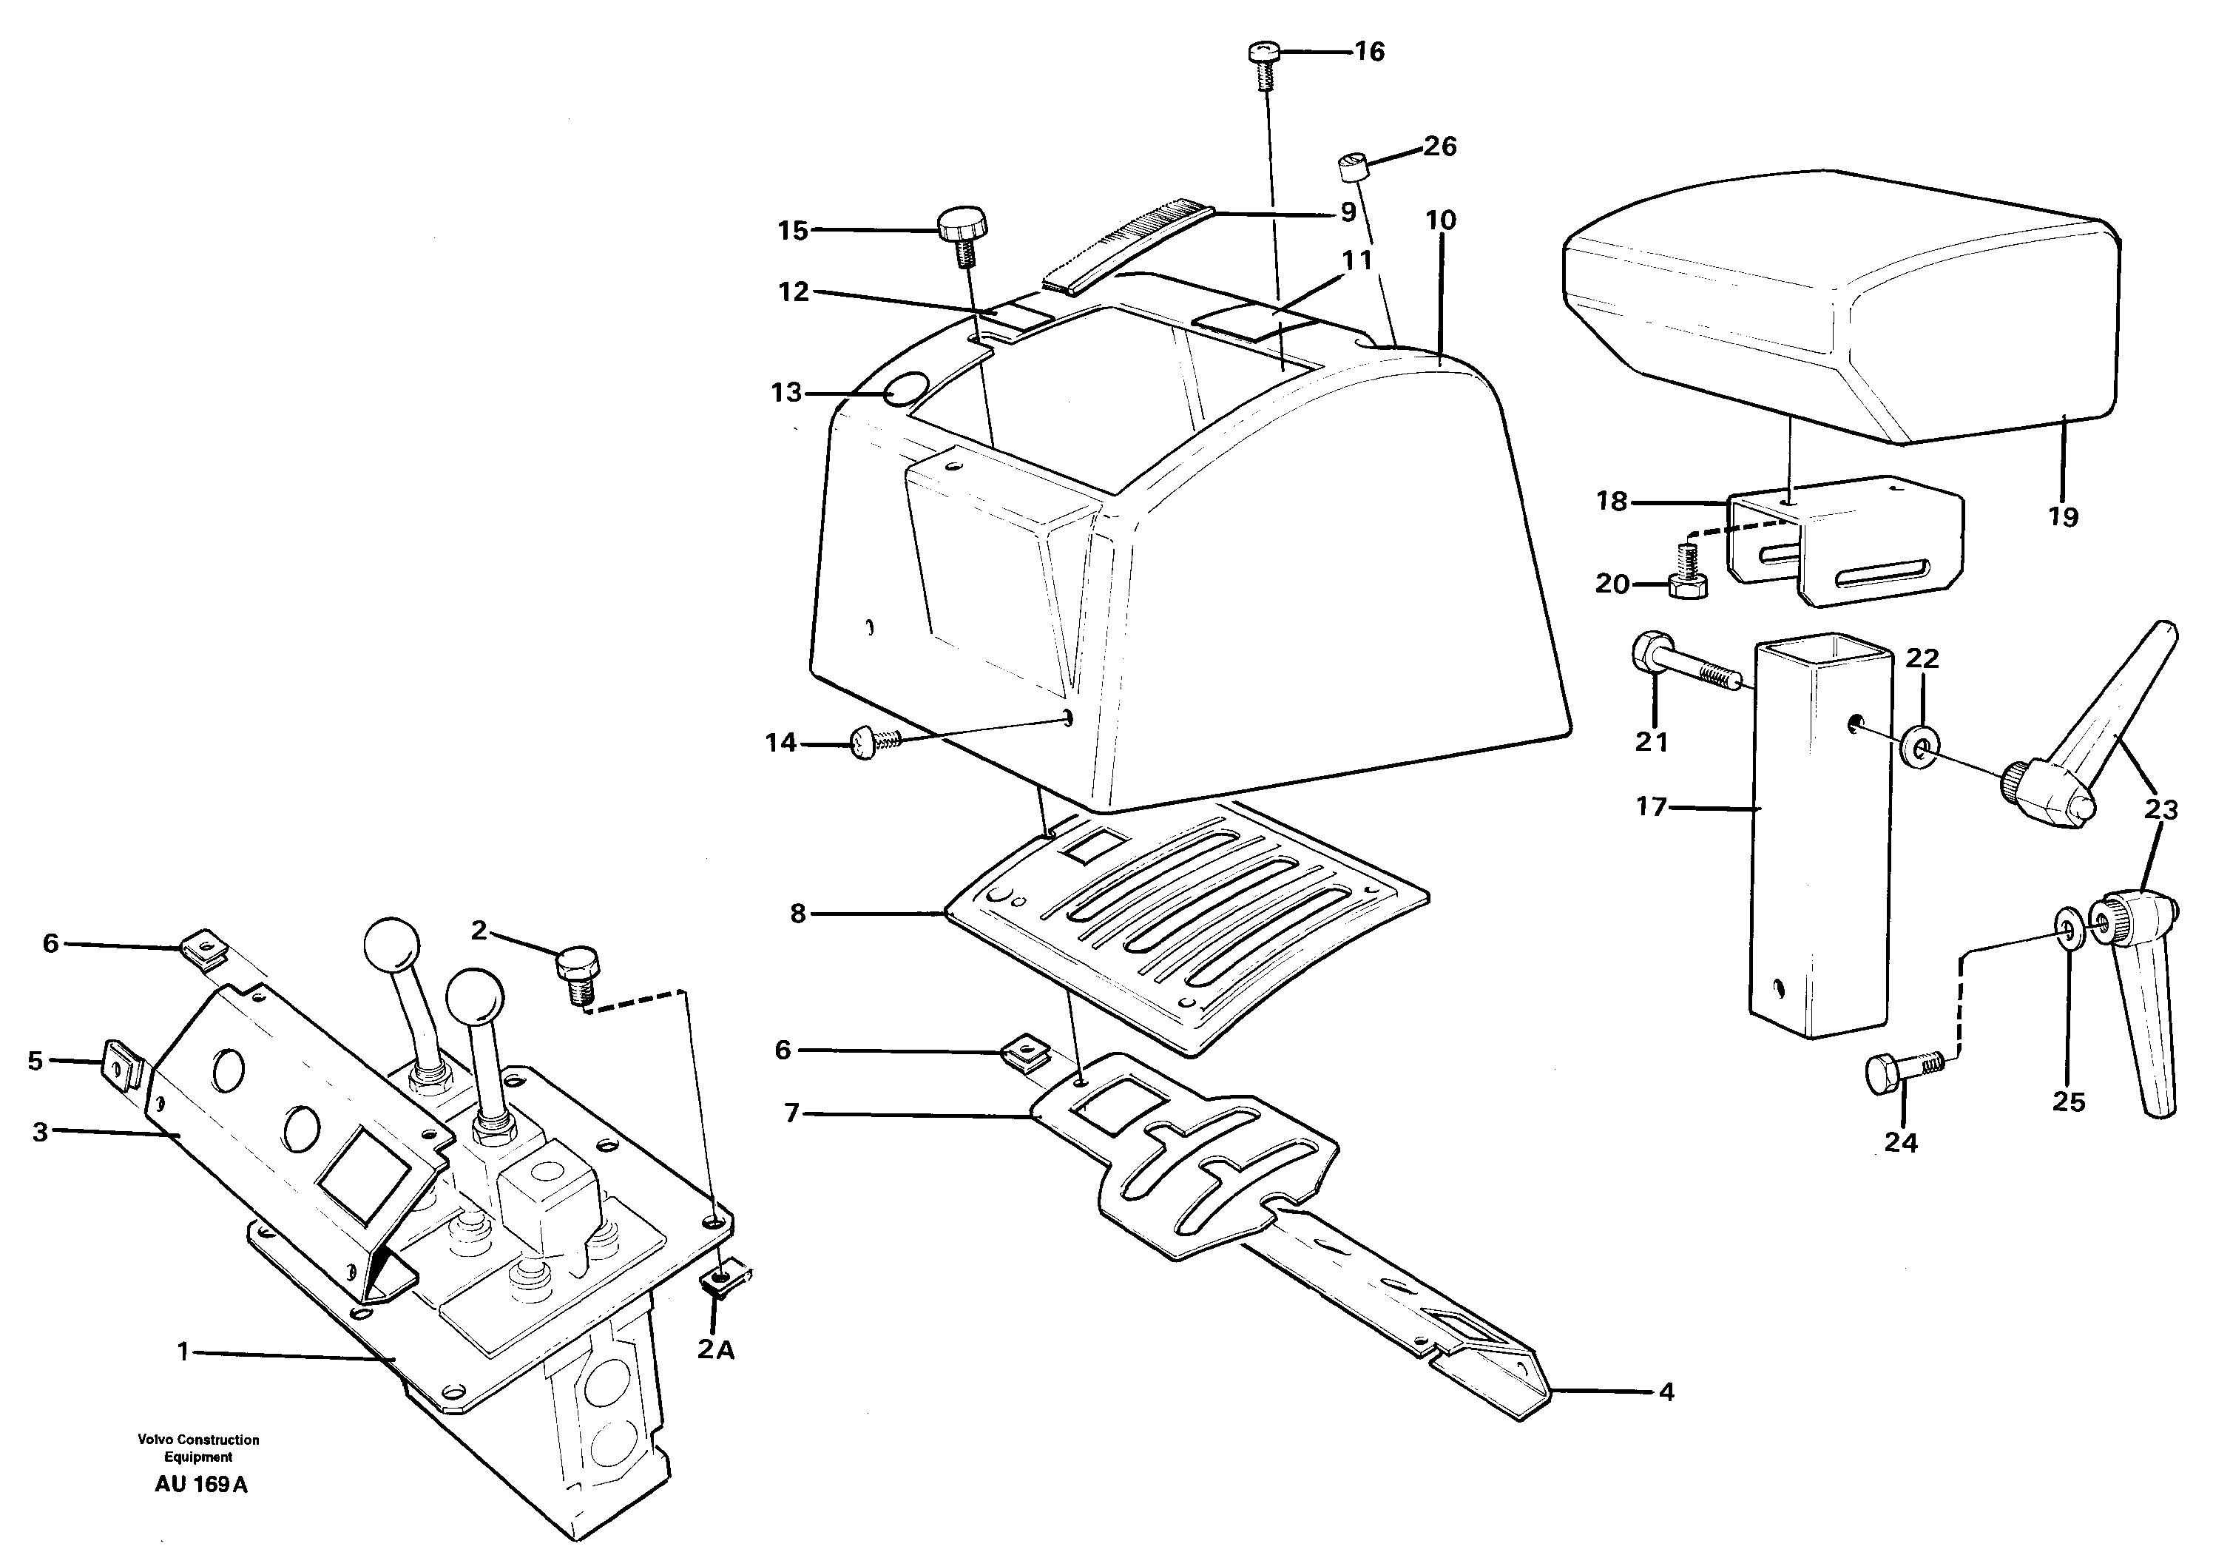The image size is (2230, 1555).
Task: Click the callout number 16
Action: [x=1370, y=52]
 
